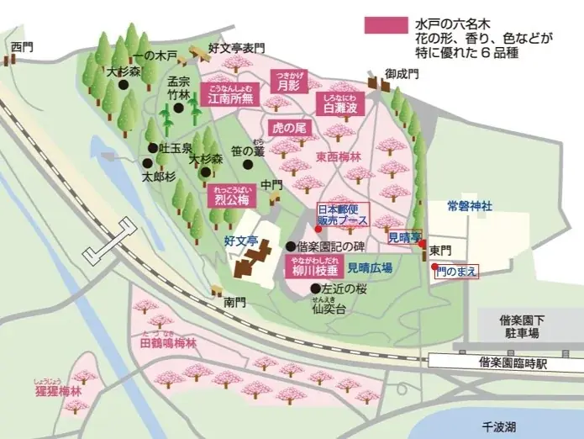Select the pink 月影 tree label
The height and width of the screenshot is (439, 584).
pos(288,83)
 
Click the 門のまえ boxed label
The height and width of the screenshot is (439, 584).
pos(458,271)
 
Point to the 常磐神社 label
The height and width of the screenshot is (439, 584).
pos(469,205)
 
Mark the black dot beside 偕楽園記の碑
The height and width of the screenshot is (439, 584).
pos(291,247)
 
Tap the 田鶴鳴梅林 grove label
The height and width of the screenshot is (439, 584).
pos(167,343)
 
